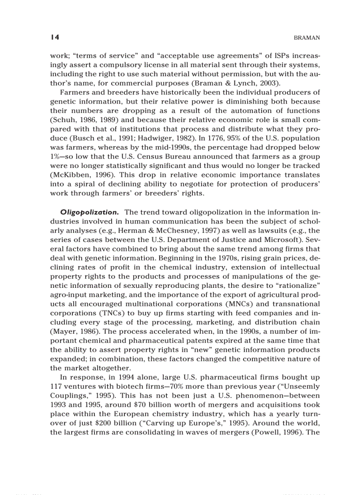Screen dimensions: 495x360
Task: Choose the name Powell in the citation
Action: click(x=268, y=432)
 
